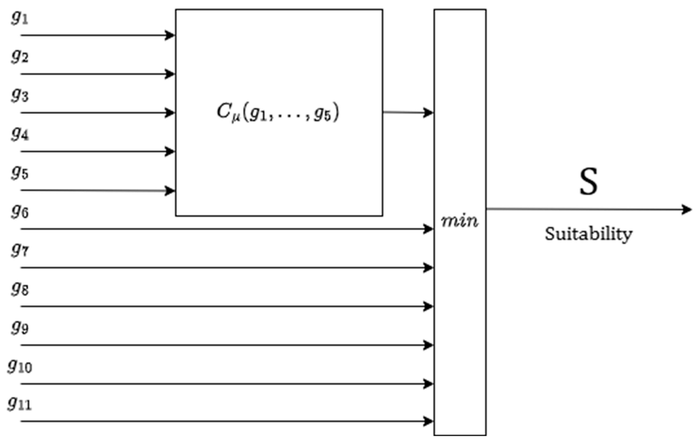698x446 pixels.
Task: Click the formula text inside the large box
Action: (278, 112)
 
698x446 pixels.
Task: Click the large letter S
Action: (588, 182)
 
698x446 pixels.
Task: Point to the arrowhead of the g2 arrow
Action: (170, 74)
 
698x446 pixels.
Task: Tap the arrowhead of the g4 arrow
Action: (170, 151)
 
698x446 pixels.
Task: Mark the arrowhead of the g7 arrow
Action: (428, 268)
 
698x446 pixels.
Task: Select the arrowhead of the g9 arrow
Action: (428, 345)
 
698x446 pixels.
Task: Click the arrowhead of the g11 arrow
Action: (428, 421)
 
